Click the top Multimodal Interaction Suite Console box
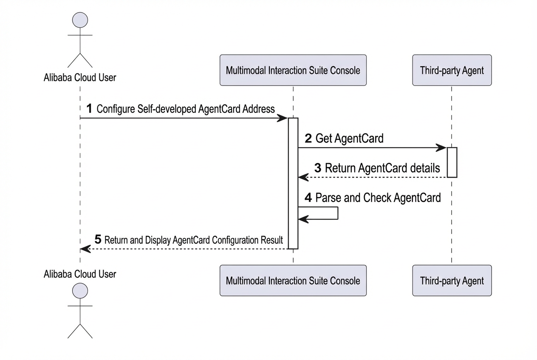(x=293, y=70)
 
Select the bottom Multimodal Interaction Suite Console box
(x=293, y=281)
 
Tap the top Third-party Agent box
(x=452, y=70)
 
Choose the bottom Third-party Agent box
(x=452, y=281)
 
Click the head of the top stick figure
(x=80, y=20)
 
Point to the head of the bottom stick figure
(x=80, y=290)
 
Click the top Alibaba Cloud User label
(x=80, y=78)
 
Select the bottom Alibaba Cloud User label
(x=80, y=274)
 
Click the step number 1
(x=89, y=109)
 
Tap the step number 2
(x=308, y=138)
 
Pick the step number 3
(x=318, y=168)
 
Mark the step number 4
(x=308, y=197)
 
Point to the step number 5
(x=98, y=239)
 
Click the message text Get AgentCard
(x=350, y=138)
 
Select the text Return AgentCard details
(x=382, y=168)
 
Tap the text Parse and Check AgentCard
(x=378, y=197)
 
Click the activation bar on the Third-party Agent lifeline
(x=452, y=163)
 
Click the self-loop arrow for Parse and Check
(x=338, y=213)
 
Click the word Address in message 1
(x=259, y=109)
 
